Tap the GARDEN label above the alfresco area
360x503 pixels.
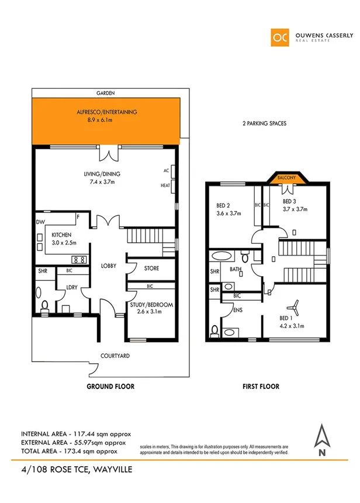(106, 93)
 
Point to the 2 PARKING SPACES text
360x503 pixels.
(264, 124)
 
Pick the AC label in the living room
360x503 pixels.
(165, 171)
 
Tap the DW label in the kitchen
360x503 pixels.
(40, 222)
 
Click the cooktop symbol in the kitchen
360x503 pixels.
(79, 259)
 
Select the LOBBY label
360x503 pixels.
(109, 266)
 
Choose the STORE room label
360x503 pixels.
(152, 268)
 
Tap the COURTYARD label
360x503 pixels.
(115, 356)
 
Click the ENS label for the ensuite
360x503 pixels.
(238, 310)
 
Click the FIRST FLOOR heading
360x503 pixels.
(261, 387)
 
